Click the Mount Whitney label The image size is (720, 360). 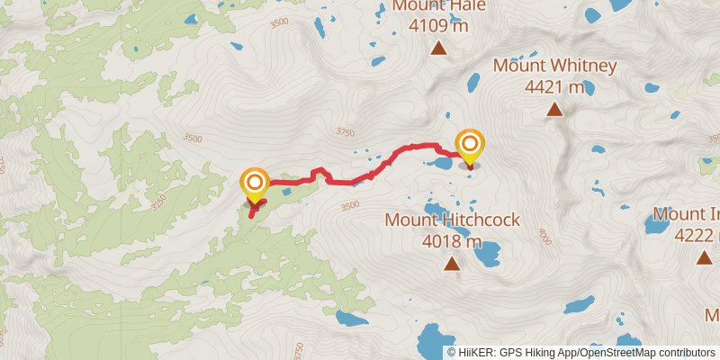click(554, 67)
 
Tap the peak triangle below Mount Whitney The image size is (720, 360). click(555, 111)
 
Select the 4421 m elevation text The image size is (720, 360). click(553, 87)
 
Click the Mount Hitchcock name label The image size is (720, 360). click(452, 220)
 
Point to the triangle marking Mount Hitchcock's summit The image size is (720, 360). click(451, 264)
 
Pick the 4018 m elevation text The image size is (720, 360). click(452, 240)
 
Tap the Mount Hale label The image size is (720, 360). click(438, 6)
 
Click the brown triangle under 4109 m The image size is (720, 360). click(438, 49)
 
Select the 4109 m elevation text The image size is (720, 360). click(438, 26)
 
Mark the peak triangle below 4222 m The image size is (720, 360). click(704, 258)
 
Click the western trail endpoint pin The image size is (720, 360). click(255, 184)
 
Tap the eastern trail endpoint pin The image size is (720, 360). click(469, 146)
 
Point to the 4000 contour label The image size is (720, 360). click(543, 235)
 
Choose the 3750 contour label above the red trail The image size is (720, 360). click(344, 132)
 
